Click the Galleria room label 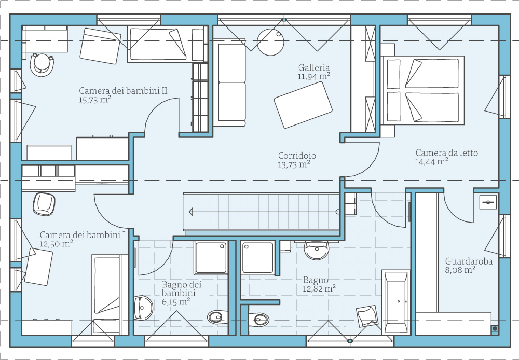(x=314, y=68)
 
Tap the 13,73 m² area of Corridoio (x=294, y=164)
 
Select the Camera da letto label (x=447, y=153)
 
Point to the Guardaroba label (x=469, y=261)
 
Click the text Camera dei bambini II (x=123, y=91)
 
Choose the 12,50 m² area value (x=56, y=243)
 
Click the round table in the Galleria (x=271, y=42)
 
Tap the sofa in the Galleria (x=229, y=82)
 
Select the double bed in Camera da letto (x=422, y=90)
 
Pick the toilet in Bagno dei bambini (x=217, y=317)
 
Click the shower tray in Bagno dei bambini (x=211, y=258)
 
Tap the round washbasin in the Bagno (x=317, y=251)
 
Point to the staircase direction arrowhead (x=191, y=212)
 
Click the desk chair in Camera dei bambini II (x=42, y=64)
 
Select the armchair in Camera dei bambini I (x=44, y=204)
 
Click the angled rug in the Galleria (x=303, y=105)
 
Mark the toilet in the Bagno (x=258, y=320)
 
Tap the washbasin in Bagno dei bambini (x=143, y=308)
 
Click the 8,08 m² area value (x=460, y=270)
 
